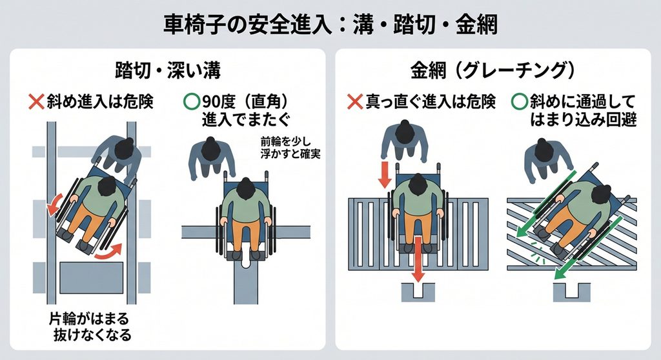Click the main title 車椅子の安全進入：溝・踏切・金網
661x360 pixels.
pyautogui.click(x=330, y=25)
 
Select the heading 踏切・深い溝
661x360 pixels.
pyautogui.click(x=168, y=70)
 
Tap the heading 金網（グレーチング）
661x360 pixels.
pyautogui.click(x=493, y=70)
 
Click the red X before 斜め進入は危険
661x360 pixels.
pyautogui.click(x=36, y=101)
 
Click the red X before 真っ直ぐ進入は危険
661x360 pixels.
pyautogui.click(x=355, y=101)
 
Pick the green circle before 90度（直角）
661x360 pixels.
pyautogui.click(x=192, y=101)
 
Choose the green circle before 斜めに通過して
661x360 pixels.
pyautogui.click(x=520, y=101)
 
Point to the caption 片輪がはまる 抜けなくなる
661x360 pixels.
pyautogui.click(x=90, y=326)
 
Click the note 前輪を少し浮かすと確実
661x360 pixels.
pyautogui.click(x=290, y=148)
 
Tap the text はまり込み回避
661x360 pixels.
pyautogui.click(x=583, y=120)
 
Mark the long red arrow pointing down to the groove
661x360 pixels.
pyautogui.click(x=418, y=259)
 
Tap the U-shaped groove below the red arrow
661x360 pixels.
pyautogui.click(x=418, y=292)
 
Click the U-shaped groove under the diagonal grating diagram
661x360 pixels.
pyautogui.click(x=571, y=292)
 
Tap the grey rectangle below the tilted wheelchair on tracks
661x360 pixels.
pyautogui.click(x=92, y=278)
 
